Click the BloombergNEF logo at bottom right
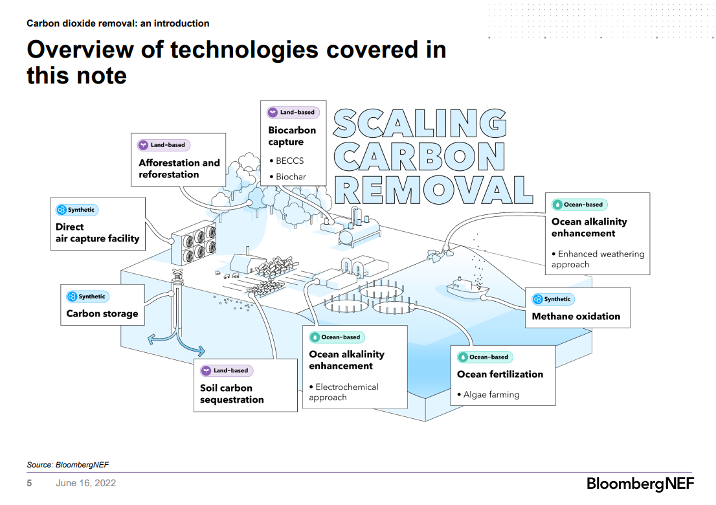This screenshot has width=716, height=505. point(638,484)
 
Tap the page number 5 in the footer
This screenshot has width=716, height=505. point(29,484)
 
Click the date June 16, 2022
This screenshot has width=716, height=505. point(86,484)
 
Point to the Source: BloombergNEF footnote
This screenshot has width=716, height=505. point(63,464)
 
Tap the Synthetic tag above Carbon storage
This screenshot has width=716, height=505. point(87,297)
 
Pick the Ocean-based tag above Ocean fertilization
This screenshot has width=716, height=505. point(484,357)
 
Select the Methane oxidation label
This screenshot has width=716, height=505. point(576,317)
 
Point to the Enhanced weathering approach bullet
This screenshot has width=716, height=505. point(598,259)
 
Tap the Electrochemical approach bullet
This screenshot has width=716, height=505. point(344,392)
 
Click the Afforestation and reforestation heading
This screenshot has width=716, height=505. point(179,168)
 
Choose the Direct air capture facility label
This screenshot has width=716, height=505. point(97,233)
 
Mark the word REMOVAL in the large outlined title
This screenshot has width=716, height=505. point(433,189)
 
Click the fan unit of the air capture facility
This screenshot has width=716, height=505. point(194,241)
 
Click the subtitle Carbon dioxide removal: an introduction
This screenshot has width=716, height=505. point(118,23)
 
